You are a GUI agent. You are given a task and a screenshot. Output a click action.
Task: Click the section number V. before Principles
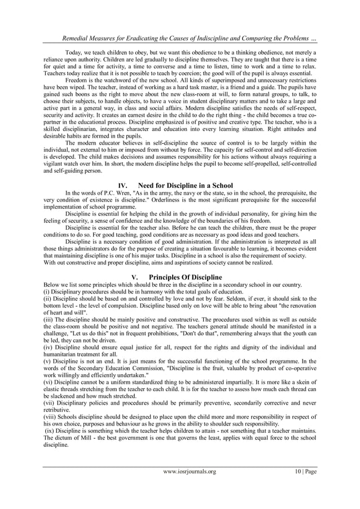(x=134, y=277)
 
